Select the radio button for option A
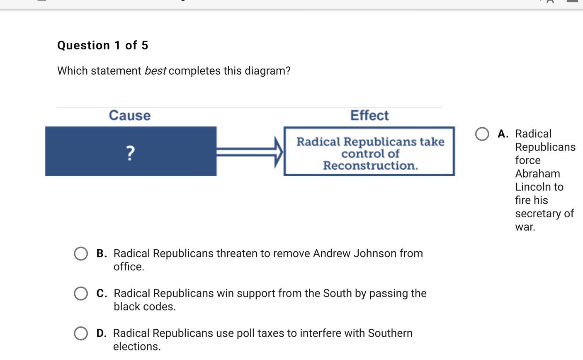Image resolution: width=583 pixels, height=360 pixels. [482, 134]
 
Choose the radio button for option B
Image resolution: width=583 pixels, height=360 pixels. [81, 253]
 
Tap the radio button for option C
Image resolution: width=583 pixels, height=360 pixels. [81, 293]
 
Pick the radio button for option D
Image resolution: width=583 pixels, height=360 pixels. [81, 333]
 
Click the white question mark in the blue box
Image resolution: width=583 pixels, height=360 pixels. [130, 153]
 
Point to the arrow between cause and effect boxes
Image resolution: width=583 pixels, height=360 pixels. [250, 152]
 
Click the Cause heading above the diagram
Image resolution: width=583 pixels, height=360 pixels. [130, 115]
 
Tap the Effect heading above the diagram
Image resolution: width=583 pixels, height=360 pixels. [369, 115]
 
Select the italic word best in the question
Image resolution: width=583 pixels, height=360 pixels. [155, 71]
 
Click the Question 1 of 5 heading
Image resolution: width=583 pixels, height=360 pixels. [103, 45]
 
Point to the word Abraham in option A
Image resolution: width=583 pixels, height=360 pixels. [537, 174]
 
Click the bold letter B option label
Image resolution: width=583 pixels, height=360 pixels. [101, 253]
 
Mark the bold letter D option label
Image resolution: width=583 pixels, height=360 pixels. [101, 333]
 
